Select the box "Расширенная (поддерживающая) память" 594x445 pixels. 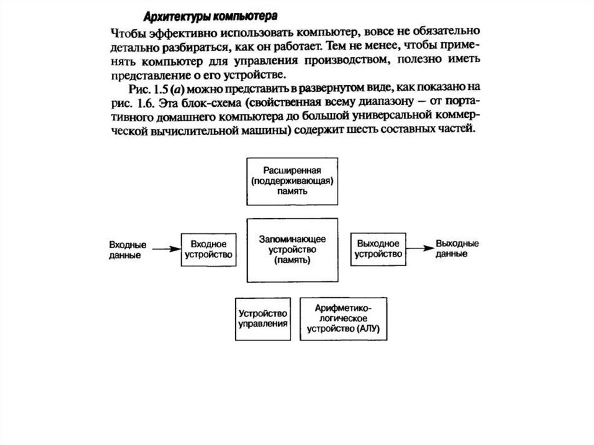click(291, 180)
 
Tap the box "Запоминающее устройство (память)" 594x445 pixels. click(292, 249)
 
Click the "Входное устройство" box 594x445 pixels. click(208, 249)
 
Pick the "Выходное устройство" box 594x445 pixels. click(378, 249)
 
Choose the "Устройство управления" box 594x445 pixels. click(263, 319)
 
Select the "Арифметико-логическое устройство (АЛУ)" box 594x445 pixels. click(343, 319)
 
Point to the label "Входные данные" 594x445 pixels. click(127, 249)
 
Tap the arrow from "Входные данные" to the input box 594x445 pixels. click(168, 249)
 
